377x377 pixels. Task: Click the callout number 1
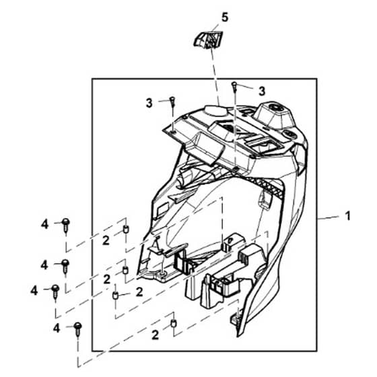click(x=347, y=216)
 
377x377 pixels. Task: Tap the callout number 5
click(x=225, y=18)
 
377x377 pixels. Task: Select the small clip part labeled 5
click(x=208, y=39)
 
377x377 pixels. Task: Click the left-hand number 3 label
click(x=149, y=103)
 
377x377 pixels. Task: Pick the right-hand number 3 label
click(x=262, y=91)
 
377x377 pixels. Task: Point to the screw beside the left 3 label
click(x=172, y=101)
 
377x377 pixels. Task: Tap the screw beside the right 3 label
click(x=234, y=87)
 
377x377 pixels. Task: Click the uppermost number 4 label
click(x=44, y=225)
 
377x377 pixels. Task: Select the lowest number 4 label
click(x=57, y=328)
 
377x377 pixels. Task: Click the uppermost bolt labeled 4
click(x=66, y=226)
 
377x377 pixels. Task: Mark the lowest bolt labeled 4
click(x=77, y=329)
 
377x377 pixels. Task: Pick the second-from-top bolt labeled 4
click(x=65, y=266)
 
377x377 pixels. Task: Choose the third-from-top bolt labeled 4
click(x=55, y=292)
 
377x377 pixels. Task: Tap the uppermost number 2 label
click(x=106, y=240)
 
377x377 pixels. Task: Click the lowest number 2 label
click(x=156, y=335)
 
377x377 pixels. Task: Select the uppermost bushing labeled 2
click(x=126, y=229)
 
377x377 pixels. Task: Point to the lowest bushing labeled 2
click(x=174, y=323)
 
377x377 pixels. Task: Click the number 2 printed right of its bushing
click(x=139, y=292)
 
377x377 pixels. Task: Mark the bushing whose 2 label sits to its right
click(x=116, y=296)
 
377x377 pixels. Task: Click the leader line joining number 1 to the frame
click(x=329, y=217)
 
